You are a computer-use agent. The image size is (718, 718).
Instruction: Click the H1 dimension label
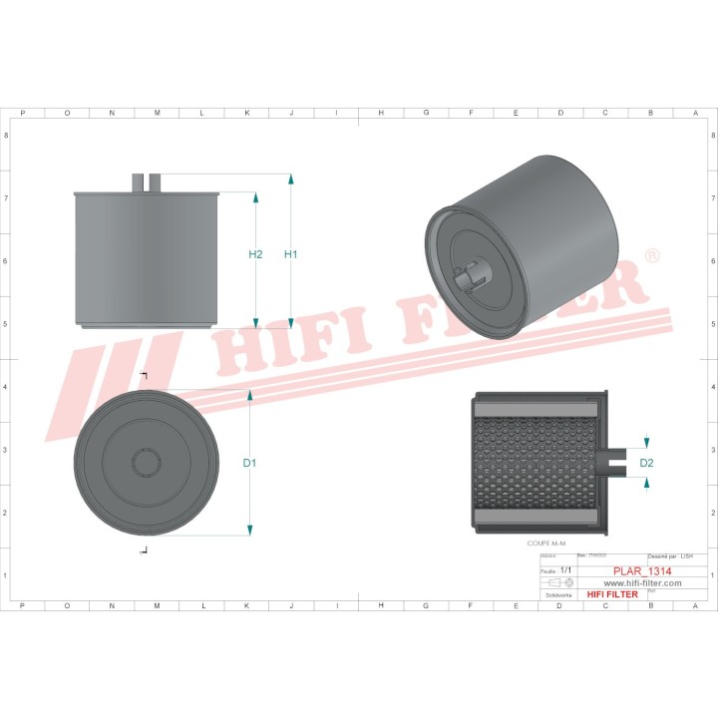click(x=291, y=254)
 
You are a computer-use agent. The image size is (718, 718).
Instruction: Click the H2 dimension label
click(x=255, y=254)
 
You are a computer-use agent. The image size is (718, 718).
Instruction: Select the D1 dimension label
click(x=249, y=463)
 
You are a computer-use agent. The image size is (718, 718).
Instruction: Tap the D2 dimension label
click(x=646, y=463)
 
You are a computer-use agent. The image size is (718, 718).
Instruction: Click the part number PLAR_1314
click(x=641, y=571)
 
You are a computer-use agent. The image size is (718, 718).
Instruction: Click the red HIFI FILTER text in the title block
click(x=611, y=595)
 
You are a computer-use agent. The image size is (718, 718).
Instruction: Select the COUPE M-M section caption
click(x=545, y=543)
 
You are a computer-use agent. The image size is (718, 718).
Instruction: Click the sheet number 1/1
click(x=565, y=570)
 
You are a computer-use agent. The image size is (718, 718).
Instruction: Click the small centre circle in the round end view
click(x=147, y=462)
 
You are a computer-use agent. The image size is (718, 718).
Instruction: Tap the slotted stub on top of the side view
click(x=147, y=180)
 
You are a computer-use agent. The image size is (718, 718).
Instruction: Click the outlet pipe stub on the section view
click(x=616, y=460)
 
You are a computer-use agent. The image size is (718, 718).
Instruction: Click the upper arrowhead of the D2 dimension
click(x=646, y=442)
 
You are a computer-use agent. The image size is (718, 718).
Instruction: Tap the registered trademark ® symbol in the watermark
click(x=651, y=256)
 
